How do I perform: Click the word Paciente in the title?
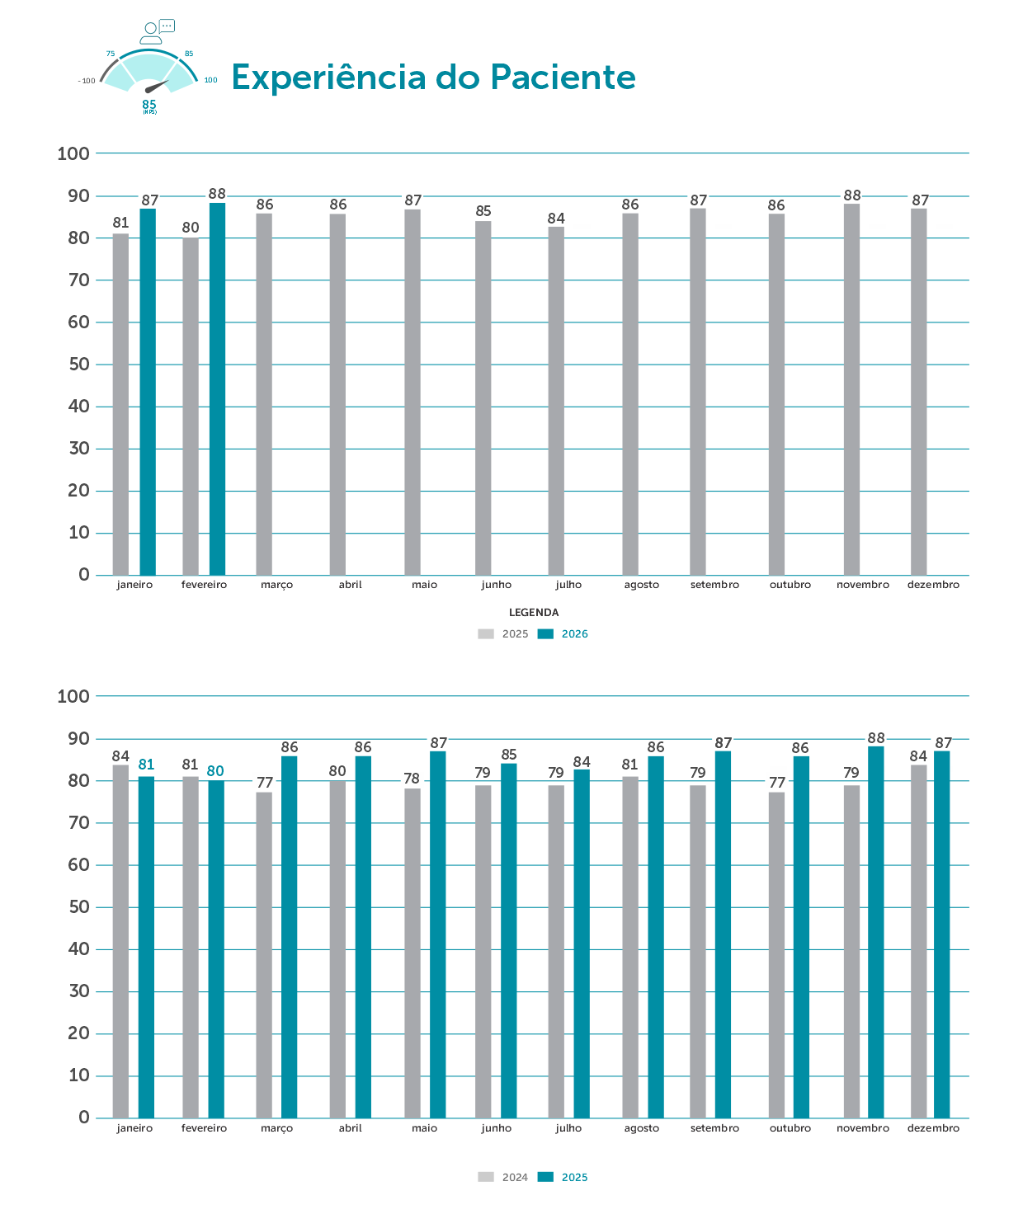click(563, 78)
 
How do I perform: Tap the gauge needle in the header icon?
click(156, 86)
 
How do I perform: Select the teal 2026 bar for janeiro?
click(148, 392)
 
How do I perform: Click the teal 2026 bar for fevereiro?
click(217, 388)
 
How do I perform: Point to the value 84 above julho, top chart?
click(556, 219)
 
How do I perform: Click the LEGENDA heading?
click(534, 613)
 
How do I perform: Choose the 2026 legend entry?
click(563, 634)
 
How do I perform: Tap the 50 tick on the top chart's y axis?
click(79, 365)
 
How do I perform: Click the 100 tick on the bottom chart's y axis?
click(73, 696)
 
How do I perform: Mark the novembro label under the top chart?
click(863, 585)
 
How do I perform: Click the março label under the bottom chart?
click(276, 1128)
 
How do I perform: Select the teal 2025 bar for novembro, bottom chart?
click(875, 932)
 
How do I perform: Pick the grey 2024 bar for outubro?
click(776, 955)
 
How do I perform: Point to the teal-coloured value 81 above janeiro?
click(146, 765)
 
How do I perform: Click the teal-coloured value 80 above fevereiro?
click(215, 771)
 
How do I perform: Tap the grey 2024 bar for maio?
click(412, 953)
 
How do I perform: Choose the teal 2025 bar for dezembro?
click(941, 934)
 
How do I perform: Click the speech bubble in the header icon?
click(167, 26)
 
